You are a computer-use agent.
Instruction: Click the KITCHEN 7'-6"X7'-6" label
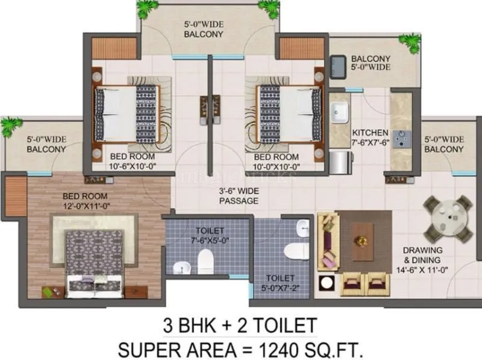point(370,137)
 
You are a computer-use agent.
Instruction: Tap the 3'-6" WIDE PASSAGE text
point(239,196)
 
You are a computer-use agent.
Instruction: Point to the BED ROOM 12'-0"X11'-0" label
point(86,201)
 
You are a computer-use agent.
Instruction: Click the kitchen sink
point(340,112)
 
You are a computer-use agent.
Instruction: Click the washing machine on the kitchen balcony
point(338,65)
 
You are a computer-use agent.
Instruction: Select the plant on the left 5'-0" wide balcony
point(10,126)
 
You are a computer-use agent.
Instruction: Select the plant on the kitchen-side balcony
point(411,43)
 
